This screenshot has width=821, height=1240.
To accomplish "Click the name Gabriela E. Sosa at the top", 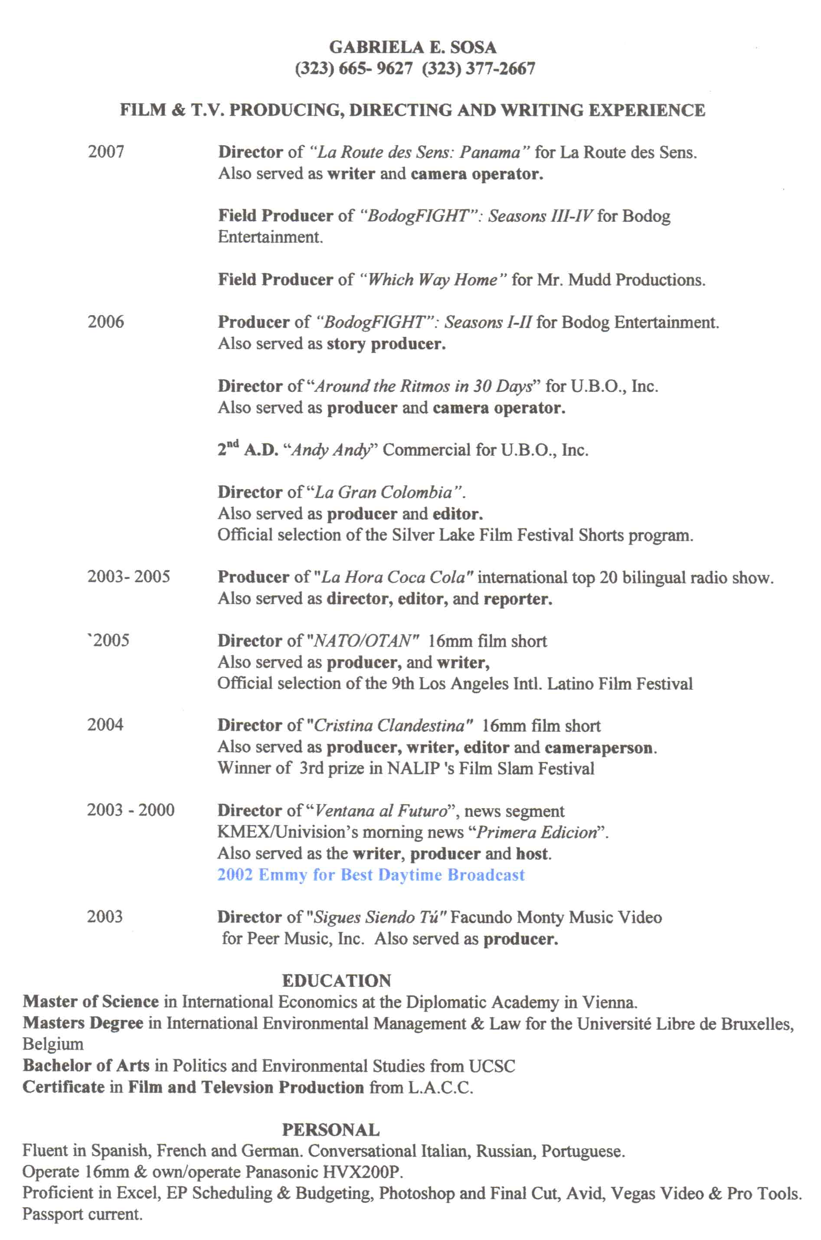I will [x=412, y=48].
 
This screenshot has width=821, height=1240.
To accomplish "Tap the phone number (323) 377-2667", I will [x=478, y=69].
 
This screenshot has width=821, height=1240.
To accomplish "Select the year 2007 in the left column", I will [x=106, y=152].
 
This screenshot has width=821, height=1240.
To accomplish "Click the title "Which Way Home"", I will [x=432, y=280].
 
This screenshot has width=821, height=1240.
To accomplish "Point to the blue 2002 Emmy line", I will [x=371, y=875].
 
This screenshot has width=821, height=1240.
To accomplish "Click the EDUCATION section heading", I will [x=336, y=980].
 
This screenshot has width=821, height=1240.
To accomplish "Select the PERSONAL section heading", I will [x=330, y=1129].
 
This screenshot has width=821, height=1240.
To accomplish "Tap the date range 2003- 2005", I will [x=128, y=577].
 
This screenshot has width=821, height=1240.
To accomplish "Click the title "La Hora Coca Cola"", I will [x=393, y=578].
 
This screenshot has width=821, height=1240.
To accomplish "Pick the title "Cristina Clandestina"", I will [x=393, y=725].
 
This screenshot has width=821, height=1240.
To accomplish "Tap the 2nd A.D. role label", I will [x=248, y=450].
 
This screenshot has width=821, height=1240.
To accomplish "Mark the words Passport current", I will [x=82, y=1214].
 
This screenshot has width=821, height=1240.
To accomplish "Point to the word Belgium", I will [x=53, y=1044].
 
